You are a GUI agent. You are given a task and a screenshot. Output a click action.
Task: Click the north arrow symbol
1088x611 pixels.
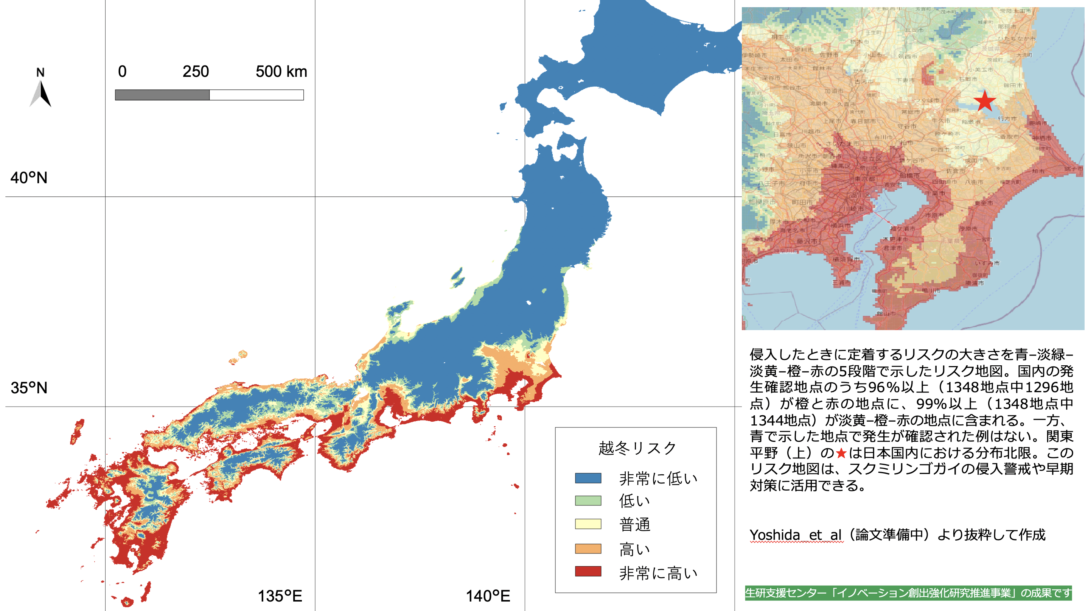(x=40, y=94)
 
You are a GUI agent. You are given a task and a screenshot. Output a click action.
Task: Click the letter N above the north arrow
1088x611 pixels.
(x=40, y=72)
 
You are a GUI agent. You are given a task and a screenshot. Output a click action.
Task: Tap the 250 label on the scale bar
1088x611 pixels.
(x=196, y=72)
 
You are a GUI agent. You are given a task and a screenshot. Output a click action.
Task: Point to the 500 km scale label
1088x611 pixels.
(x=281, y=72)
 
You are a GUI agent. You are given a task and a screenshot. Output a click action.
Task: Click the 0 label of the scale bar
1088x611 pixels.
(x=122, y=72)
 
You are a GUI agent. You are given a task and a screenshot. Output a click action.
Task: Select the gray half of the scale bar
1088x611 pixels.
(x=162, y=95)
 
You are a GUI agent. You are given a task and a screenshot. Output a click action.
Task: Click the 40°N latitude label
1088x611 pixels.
(x=29, y=178)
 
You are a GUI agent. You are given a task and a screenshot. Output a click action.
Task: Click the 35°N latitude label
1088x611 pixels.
(x=29, y=388)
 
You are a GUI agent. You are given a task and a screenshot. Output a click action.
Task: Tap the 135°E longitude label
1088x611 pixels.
(x=280, y=596)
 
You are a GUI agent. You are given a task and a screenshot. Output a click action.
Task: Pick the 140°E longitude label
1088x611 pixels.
(x=488, y=596)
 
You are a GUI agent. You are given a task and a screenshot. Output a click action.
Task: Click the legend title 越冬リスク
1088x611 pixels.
(x=637, y=448)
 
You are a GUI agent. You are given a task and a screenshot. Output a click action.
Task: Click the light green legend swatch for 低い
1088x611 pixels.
(x=588, y=501)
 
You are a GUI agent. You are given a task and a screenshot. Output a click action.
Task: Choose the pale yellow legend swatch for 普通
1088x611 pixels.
(x=588, y=524)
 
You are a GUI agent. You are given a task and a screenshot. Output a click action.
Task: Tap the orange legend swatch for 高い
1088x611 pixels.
(x=588, y=549)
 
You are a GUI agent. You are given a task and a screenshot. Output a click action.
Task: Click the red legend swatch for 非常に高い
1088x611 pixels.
(x=588, y=572)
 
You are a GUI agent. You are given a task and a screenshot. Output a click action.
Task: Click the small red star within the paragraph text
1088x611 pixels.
(x=841, y=454)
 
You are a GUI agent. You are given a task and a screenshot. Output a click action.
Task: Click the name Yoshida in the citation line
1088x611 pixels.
(x=775, y=535)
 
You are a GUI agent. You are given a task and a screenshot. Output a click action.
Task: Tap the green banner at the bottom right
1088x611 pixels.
(x=908, y=593)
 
